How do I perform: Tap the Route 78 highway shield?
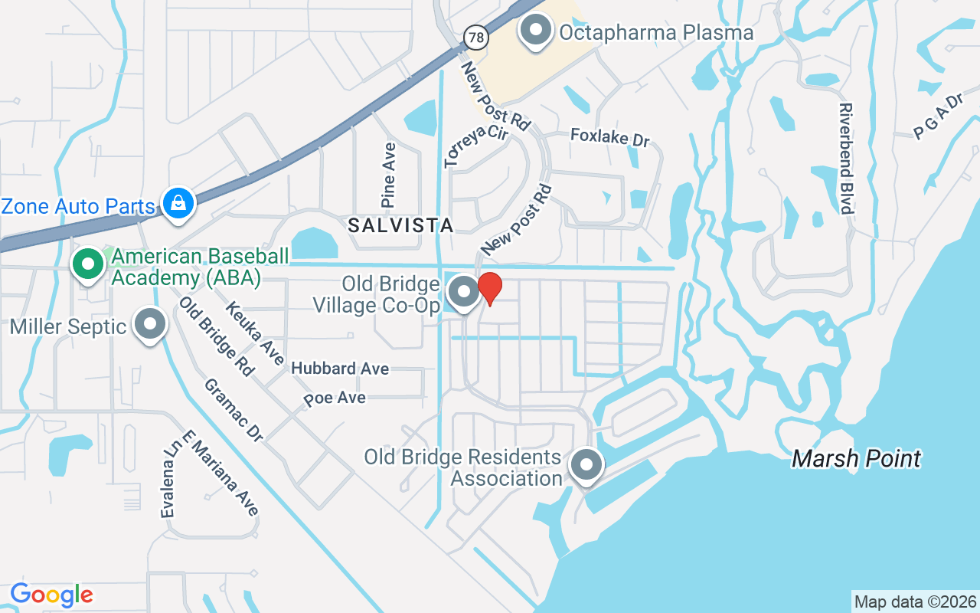(475, 36)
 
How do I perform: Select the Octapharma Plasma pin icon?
(536, 31)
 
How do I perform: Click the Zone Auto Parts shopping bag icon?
(178, 203)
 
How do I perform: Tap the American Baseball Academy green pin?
(88, 264)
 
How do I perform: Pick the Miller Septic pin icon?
(150, 324)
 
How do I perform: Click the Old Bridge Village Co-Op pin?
(462, 292)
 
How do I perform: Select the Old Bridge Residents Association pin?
(586, 464)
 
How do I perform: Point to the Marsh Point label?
(856, 458)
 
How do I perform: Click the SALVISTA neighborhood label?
(400, 225)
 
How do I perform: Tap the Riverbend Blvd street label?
(846, 159)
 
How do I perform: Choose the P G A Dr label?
(937, 117)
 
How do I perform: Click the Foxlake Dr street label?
(609, 138)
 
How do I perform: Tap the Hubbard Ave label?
(340, 369)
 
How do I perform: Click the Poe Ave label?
(335, 398)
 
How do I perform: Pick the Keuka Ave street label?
(255, 333)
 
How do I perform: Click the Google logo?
(51, 595)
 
